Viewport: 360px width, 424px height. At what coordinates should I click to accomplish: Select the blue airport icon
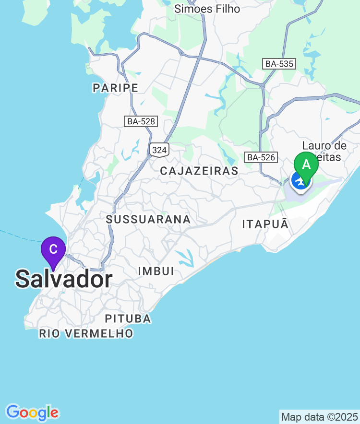(300, 181)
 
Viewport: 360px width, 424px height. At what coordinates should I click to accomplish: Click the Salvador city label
(64, 279)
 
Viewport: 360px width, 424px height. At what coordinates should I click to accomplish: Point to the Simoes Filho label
(207, 9)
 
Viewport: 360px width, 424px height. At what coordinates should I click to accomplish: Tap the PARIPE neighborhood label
(116, 88)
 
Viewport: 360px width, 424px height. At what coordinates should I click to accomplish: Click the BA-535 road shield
(279, 64)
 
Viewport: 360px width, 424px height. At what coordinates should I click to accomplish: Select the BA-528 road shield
(141, 121)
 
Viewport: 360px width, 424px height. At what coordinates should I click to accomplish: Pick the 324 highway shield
(159, 150)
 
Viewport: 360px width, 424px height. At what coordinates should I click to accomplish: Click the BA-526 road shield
(261, 157)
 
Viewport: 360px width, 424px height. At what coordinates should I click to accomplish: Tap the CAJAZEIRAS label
(199, 171)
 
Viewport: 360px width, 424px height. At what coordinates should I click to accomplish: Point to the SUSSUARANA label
(148, 219)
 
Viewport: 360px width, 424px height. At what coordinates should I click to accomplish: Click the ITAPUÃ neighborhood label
(265, 224)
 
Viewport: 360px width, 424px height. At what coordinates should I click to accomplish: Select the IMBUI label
(156, 271)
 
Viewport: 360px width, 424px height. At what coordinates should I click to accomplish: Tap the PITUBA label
(128, 318)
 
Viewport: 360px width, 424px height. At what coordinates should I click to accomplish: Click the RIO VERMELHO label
(86, 333)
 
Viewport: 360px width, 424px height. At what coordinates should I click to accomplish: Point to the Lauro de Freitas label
(324, 151)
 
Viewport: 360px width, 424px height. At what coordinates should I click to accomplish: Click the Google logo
(32, 412)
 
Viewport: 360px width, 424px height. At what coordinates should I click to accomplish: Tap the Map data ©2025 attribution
(319, 417)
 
